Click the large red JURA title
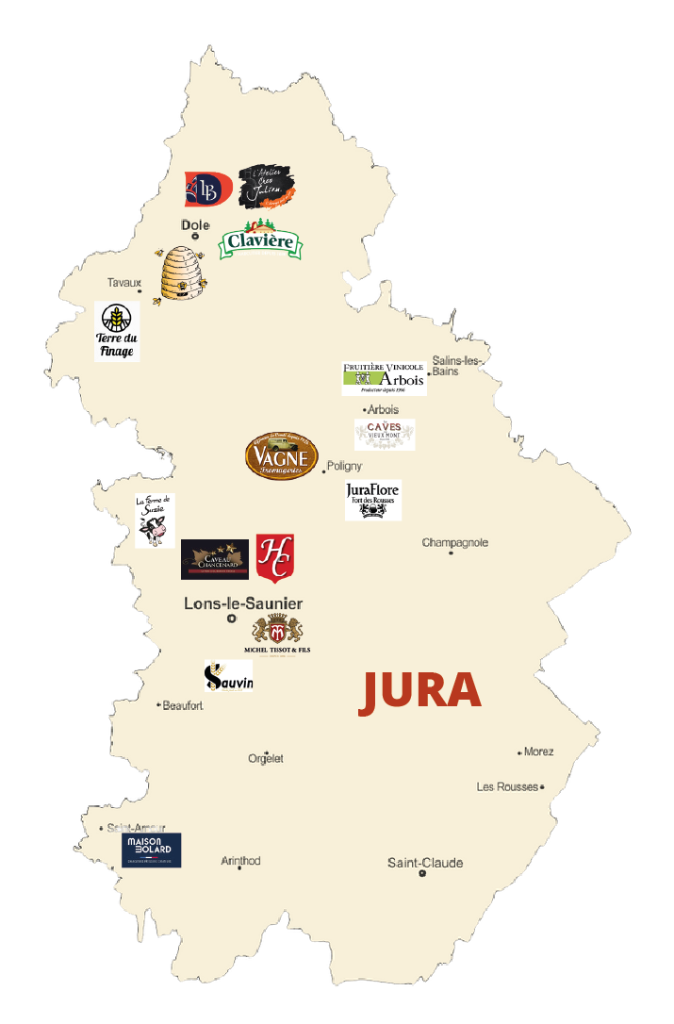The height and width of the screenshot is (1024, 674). [x=420, y=691]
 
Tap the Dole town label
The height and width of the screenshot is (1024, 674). [x=195, y=225]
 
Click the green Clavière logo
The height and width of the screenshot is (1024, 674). [x=261, y=242]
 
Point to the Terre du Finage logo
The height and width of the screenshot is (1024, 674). [x=117, y=331]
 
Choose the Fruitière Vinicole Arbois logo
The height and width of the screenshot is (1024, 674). [x=384, y=377]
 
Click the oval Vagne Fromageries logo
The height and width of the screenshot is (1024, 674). [x=281, y=456]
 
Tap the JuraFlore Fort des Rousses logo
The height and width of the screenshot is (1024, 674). [x=372, y=499]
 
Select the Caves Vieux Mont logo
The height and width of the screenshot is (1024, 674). [x=385, y=434]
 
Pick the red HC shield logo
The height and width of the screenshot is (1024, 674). [x=274, y=556]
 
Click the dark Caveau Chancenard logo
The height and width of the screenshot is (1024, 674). [x=215, y=559]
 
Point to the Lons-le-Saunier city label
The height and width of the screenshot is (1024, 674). [x=243, y=603]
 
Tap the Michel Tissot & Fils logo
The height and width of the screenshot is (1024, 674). [x=277, y=635]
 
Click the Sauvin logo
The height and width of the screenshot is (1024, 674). [x=228, y=676]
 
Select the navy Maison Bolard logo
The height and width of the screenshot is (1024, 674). [x=151, y=850]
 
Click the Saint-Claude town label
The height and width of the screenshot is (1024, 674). [x=425, y=863]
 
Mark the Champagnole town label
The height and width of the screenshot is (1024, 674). [x=455, y=542]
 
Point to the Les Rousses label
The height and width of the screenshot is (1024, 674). [x=507, y=786]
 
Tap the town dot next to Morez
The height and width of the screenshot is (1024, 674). [x=519, y=752]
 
